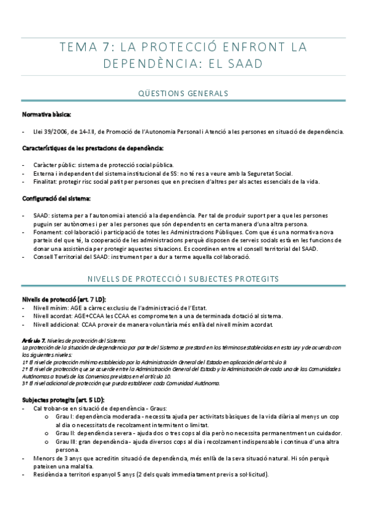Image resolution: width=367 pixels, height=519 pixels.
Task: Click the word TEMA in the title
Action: coord(78,47)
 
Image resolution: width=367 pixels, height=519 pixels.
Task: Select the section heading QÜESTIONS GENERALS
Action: coord(183,93)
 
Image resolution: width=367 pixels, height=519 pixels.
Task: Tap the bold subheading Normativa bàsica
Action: coord(47,114)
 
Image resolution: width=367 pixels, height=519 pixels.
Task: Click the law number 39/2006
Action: coord(58,131)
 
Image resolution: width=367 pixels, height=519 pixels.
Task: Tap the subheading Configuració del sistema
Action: coord(56,199)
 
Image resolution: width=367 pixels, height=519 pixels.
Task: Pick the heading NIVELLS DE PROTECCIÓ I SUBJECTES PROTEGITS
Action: coord(183,278)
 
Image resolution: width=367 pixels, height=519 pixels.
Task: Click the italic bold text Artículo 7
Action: coord(33,340)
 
